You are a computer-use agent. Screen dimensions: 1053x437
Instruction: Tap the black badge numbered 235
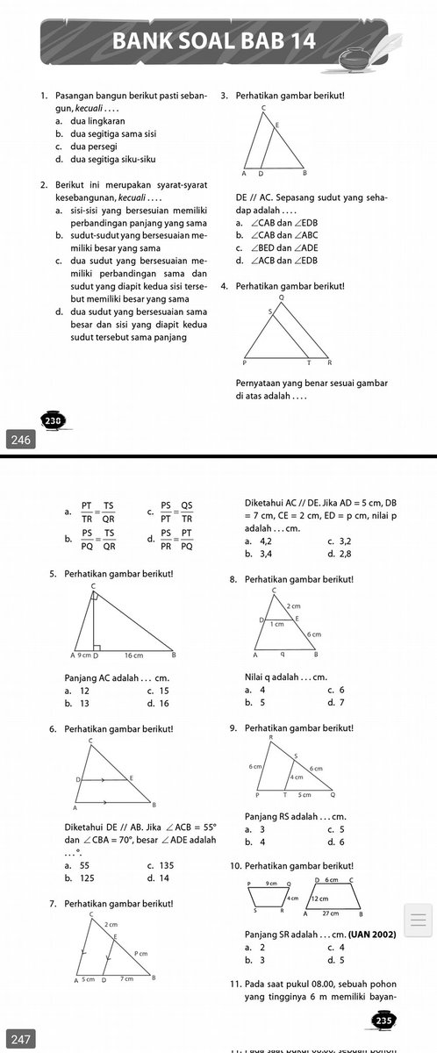tap(383, 1021)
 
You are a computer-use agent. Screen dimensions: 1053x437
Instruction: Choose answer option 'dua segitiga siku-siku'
tap(90, 160)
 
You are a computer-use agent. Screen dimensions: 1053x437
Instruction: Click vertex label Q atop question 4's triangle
tap(281, 298)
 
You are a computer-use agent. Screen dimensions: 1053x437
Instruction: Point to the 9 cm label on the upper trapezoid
tap(271, 882)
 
